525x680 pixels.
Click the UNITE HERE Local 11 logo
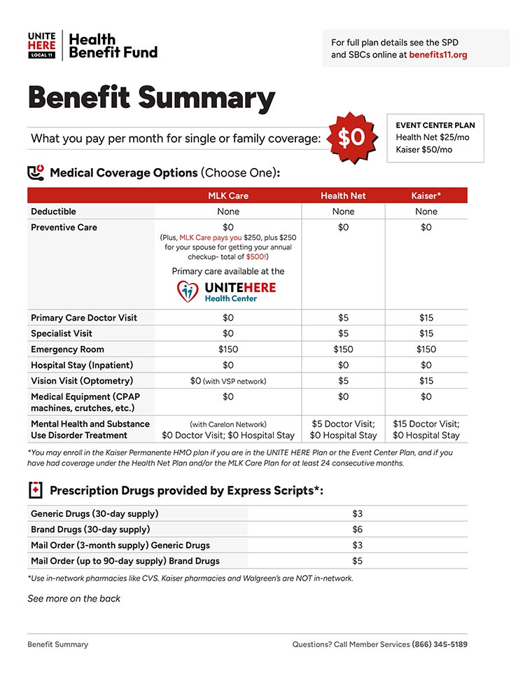coord(42,45)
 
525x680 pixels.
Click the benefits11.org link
coord(438,55)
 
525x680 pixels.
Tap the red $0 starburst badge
coord(351,137)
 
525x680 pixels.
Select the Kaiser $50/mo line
coord(423,149)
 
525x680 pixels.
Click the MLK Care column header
coord(228,195)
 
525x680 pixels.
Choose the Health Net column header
coord(343,195)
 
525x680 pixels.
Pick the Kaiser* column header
coord(426,195)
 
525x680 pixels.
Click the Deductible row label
coord(54,211)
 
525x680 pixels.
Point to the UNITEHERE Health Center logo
coord(227,291)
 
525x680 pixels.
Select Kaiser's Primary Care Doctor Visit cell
coord(426,318)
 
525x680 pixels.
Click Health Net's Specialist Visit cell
coord(343,333)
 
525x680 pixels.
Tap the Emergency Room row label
coord(67,349)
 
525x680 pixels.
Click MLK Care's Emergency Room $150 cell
coord(228,349)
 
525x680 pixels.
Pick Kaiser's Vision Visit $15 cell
coord(426,381)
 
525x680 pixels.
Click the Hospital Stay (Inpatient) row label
coord(82,365)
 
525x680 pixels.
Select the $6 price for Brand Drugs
coord(357,529)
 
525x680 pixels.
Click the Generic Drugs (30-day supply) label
coord(94,514)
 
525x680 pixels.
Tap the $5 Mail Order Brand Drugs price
coord(357,561)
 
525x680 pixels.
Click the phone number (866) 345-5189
coord(440,644)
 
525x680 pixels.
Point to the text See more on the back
coord(73,599)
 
